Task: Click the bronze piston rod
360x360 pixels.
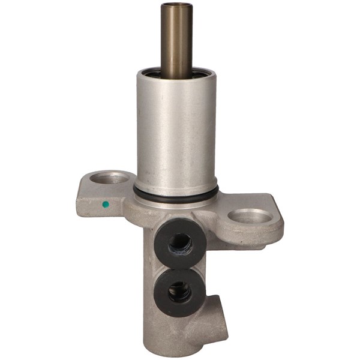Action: pyautogui.click(x=176, y=42)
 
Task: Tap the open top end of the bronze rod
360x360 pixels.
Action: pyautogui.click(x=176, y=5)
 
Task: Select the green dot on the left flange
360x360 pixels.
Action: pyautogui.click(x=106, y=204)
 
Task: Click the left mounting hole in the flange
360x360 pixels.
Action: pyautogui.click(x=112, y=178)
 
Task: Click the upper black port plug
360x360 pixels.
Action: pyautogui.click(x=180, y=245)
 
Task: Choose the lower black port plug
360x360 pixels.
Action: pyautogui.click(x=180, y=292)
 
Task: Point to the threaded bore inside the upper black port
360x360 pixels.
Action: pyautogui.click(x=179, y=244)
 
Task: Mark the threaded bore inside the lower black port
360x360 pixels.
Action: pyautogui.click(x=179, y=292)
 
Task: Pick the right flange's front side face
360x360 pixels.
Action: pyautogui.click(x=252, y=237)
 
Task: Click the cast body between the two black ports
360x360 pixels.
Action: pyautogui.click(x=180, y=269)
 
